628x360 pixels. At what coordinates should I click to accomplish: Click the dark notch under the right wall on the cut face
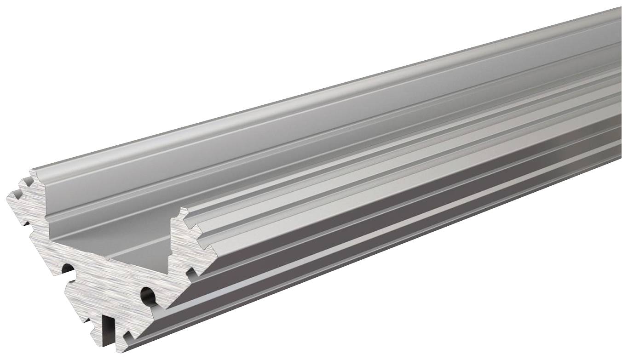(x=190, y=273)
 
